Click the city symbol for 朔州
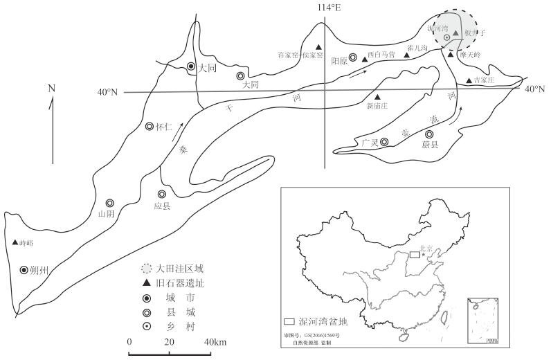[x=24, y=270]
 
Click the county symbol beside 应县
[x=162, y=195]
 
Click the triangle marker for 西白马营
[x=364, y=60]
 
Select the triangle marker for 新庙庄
[x=377, y=96]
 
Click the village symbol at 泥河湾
[x=447, y=37]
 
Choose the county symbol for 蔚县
[x=429, y=134]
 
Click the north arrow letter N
[x=51, y=88]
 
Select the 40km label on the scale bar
[x=215, y=343]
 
